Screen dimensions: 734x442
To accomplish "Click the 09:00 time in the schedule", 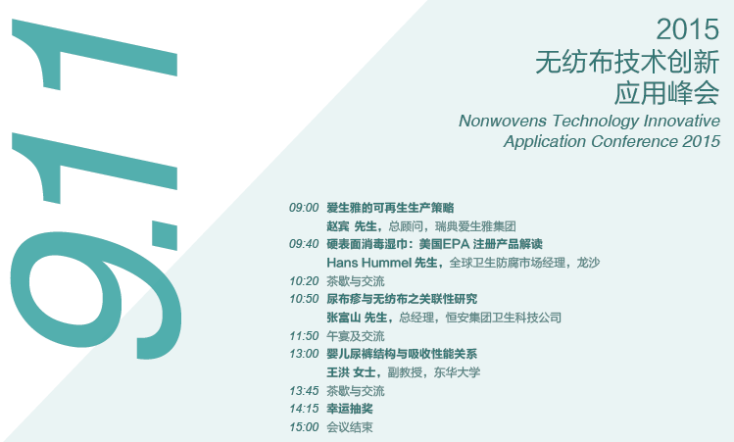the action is point(304,208).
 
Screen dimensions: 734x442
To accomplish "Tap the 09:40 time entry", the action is point(304,244).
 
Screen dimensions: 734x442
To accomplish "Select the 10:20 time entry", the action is point(304,281).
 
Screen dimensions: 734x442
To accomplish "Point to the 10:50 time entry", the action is point(304,299).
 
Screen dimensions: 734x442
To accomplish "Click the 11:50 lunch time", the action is point(304,336).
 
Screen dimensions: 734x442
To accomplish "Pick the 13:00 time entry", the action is point(304,354).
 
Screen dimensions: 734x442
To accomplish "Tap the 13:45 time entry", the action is point(304,390).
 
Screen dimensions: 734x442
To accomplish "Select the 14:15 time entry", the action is point(304,409).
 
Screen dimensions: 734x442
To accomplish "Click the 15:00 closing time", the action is point(304,427).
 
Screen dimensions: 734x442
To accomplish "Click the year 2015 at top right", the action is point(687,29).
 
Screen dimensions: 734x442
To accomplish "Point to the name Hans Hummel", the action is point(369,263).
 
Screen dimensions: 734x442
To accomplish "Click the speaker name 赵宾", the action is point(338,226).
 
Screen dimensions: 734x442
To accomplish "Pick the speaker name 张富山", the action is point(344,318).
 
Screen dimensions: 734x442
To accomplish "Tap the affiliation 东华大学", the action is point(457,372).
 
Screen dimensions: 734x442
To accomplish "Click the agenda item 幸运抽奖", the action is point(350,409).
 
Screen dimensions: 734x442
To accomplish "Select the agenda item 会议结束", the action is point(350,427).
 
